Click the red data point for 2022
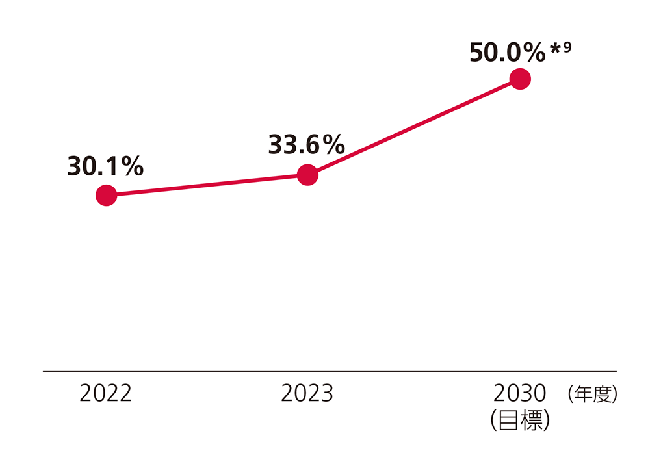pos(106,195)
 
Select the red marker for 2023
pos(307,174)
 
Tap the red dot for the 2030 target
pos(520,79)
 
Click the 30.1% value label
pos(105,167)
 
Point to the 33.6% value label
pos(306,145)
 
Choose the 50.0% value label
pos(507,53)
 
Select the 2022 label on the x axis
pos(105,394)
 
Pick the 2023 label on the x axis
pos(307,394)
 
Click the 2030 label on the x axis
pos(519,394)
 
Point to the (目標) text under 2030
pos(521,421)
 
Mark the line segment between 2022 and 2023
pos(207,185)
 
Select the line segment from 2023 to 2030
pos(413,127)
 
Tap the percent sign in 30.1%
pos(132,168)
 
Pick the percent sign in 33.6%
pos(333,146)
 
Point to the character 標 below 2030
pos(531,421)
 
